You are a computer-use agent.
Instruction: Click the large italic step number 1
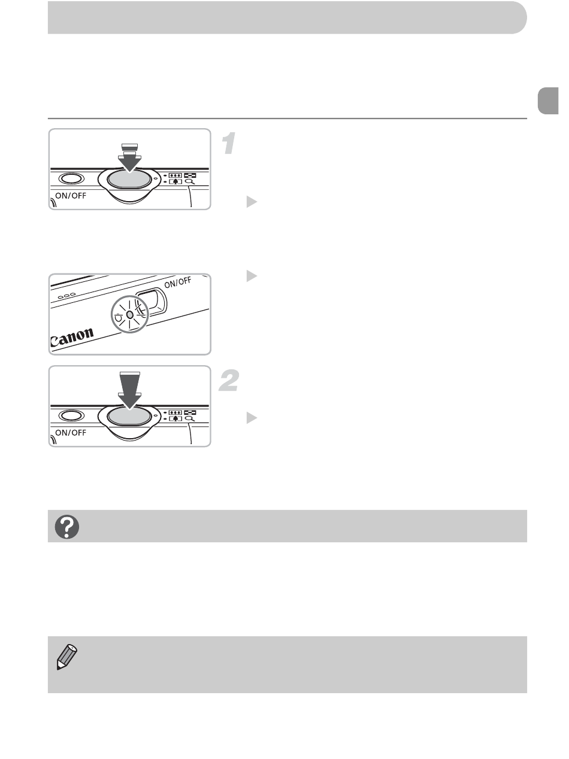click(229, 143)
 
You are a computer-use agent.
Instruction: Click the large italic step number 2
click(229, 380)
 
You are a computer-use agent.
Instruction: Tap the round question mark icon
click(67, 527)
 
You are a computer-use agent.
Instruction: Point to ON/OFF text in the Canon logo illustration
click(178, 282)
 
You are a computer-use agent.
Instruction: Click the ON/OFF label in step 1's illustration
click(71, 196)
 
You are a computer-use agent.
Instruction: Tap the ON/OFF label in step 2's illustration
click(71, 433)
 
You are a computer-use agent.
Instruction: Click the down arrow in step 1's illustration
click(130, 158)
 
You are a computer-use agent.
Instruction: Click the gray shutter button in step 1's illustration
click(129, 179)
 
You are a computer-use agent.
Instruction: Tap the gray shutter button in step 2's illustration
click(129, 416)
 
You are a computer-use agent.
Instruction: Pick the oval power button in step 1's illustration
click(71, 178)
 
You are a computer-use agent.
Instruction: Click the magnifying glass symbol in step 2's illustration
click(190, 419)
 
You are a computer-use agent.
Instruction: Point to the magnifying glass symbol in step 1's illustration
click(190, 181)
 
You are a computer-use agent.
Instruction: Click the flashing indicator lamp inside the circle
click(130, 315)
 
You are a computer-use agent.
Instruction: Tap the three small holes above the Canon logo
click(66, 296)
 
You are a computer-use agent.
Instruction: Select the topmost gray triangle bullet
click(252, 202)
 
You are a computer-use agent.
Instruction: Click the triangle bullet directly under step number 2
click(252, 418)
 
